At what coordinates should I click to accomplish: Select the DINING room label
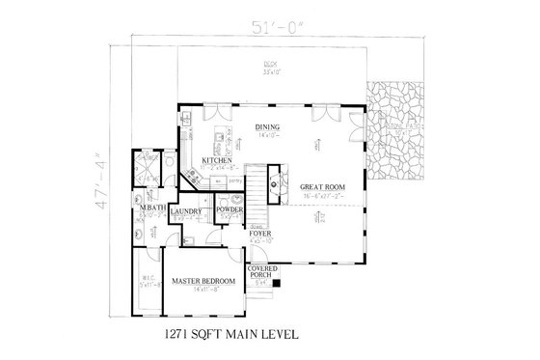[267, 126]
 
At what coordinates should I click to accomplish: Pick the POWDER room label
[229, 209]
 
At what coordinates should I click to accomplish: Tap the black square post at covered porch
[276, 284]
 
